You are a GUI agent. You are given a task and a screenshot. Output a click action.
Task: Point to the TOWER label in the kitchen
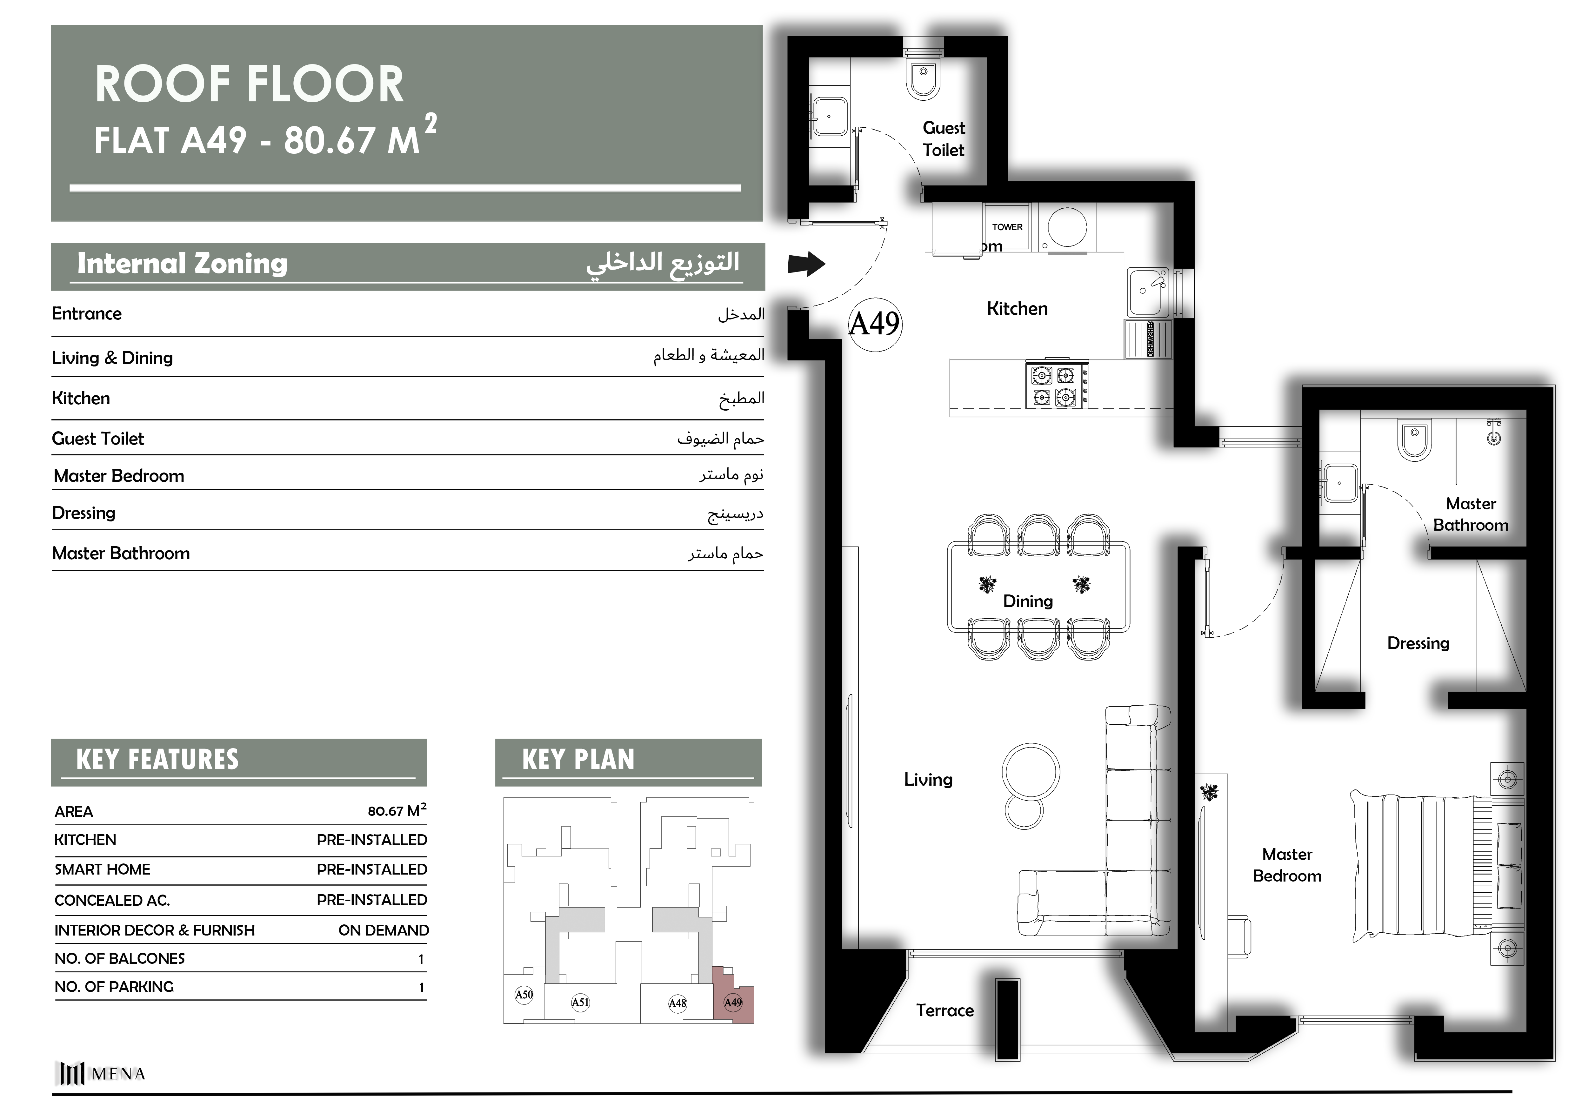click(x=1007, y=227)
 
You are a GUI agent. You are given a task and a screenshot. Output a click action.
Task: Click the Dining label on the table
click(x=1028, y=601)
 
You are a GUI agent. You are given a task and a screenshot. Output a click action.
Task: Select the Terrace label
click(x=944, y=1010)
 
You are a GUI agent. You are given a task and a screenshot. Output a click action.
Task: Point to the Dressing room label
click(x=1418, y=643)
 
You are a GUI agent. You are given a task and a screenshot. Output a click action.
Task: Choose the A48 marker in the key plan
click(x=677, y=1003)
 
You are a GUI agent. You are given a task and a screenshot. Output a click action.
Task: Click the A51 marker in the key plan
click(x=580, y=1002)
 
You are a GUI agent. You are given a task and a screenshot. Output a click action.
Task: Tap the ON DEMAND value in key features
click(x=384, y=930)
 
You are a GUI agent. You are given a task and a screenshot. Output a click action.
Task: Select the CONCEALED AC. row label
click(x=112, y=900)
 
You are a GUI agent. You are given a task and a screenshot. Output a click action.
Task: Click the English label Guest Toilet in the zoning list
click(x=98, y=439)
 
